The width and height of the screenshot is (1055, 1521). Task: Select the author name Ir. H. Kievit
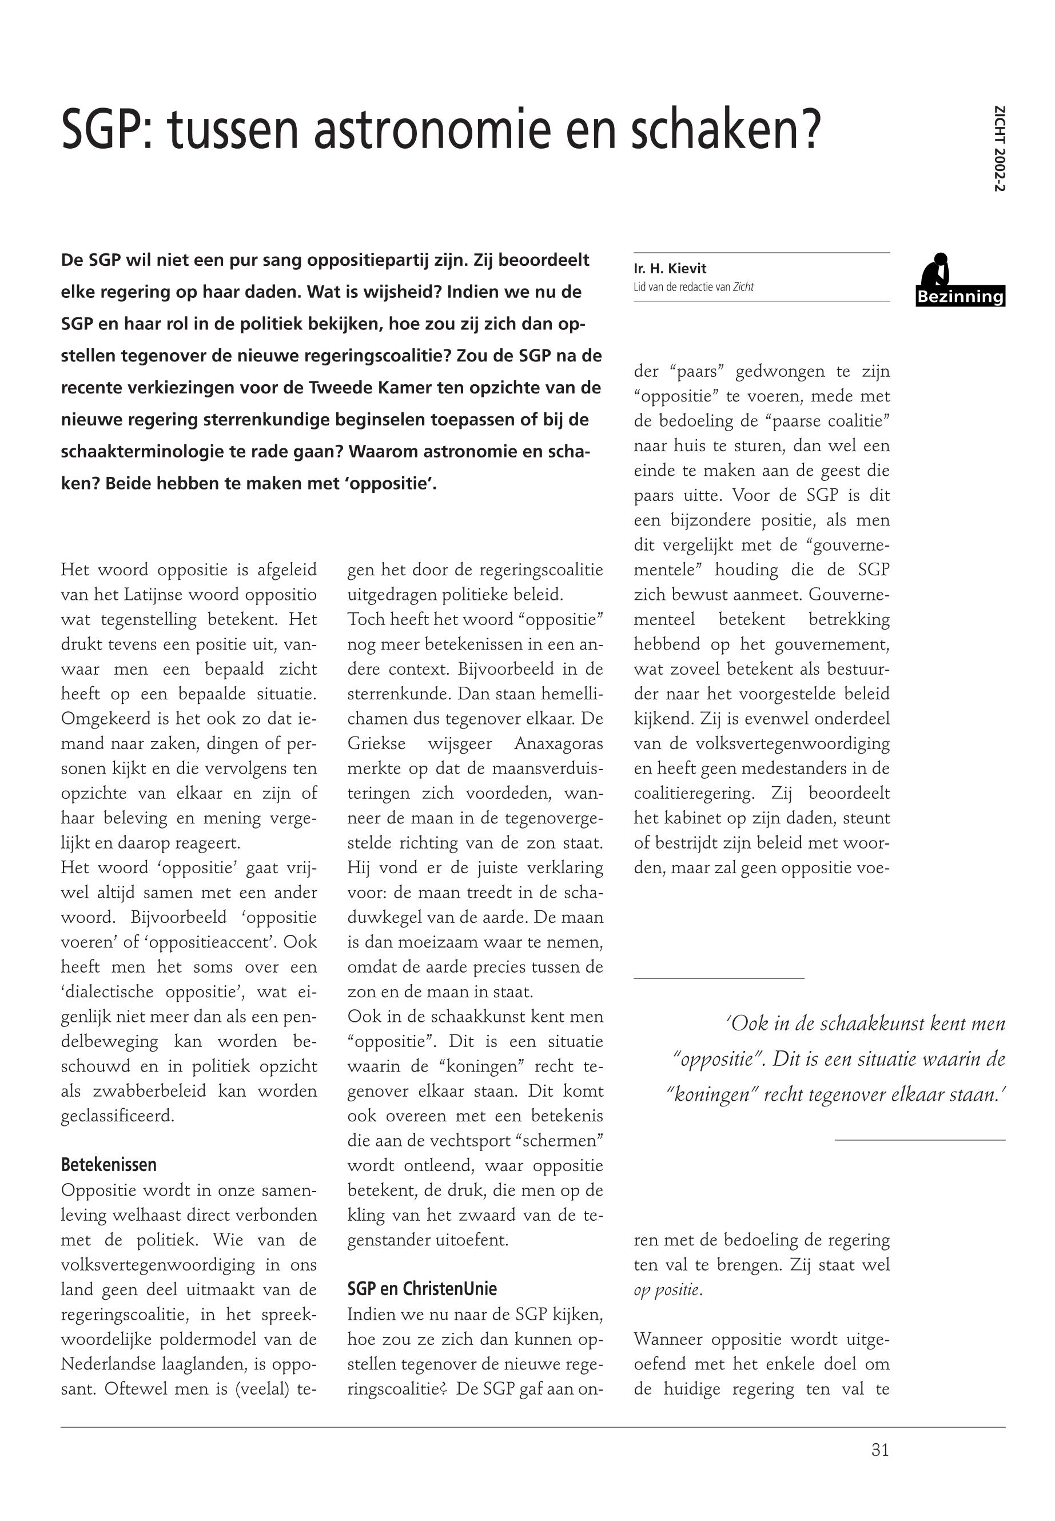pos(670,268)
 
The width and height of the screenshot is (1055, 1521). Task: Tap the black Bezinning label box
pos(961,297)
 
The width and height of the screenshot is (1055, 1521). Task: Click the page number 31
pos(880,1450)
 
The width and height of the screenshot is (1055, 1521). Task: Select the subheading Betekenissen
pos(109,1164)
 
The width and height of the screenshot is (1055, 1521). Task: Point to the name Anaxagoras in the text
pos(559,744)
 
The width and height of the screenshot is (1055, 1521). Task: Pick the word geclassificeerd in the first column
pos(118,1116)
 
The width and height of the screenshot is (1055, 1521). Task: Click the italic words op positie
pos(666,1289)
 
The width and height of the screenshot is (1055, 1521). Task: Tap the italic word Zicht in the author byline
pos(743,287)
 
